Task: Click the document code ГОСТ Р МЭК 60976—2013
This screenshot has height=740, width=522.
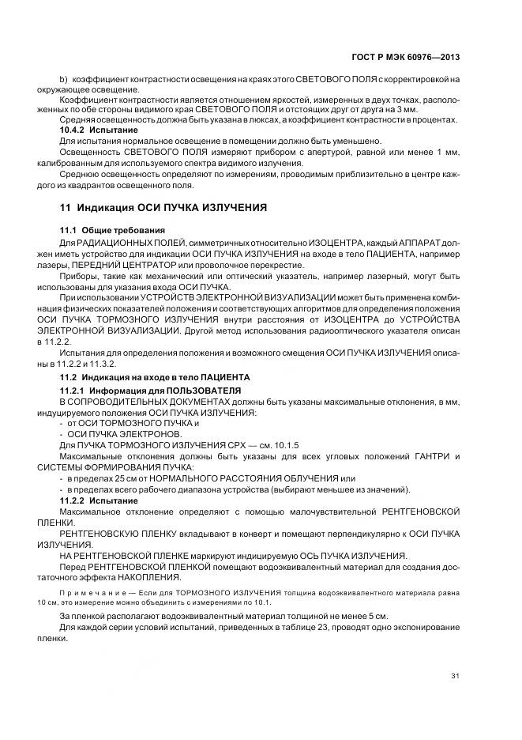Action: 419,58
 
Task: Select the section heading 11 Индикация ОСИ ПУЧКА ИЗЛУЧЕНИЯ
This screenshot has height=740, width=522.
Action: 163,207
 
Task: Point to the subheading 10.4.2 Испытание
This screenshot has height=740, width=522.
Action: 99,129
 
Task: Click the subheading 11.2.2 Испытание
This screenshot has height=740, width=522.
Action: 99,500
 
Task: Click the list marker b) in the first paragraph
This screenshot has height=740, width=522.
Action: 64,80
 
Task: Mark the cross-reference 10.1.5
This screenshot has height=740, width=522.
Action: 269,446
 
